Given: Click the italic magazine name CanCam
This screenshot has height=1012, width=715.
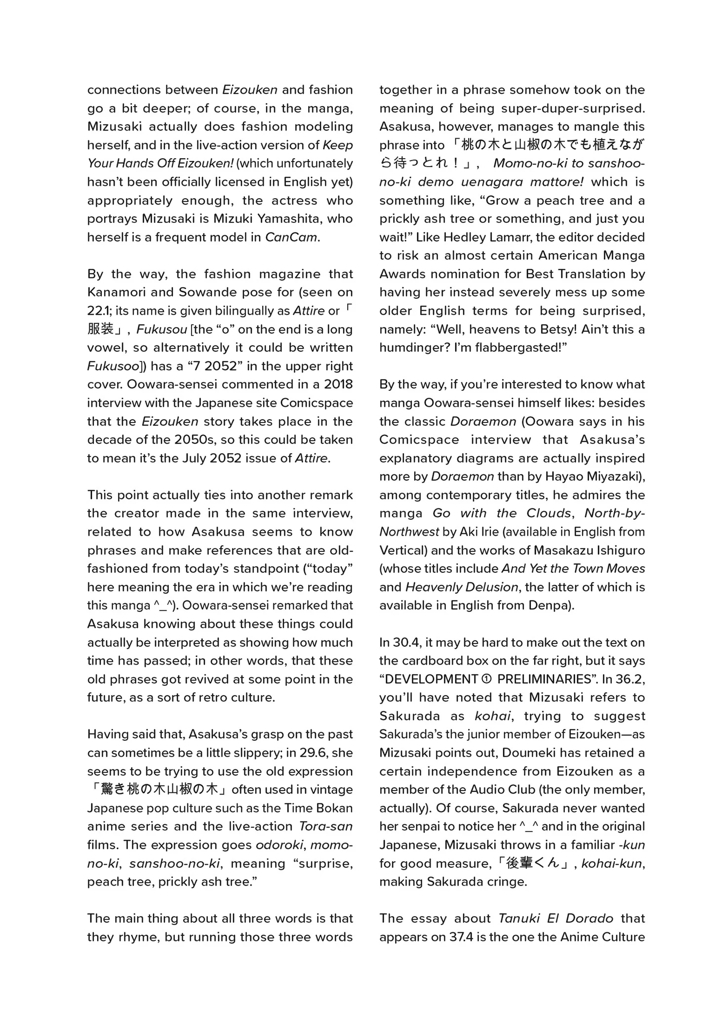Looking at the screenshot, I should click(x=291, y=237).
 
